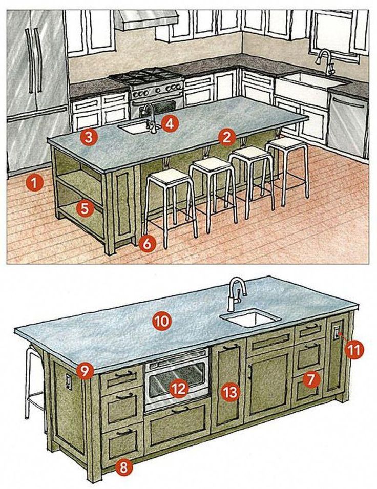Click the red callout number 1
pyautogui.click(x=34, y=183)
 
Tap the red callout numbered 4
pyautogui.click(x=169, y=123)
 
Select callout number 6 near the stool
pyautogui.click(x=148, y=243)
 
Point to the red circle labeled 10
pyautogui.click(x=162, y=321)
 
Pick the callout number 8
pyautogui.click(x=124, y=467)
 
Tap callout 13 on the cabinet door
pyautogui.click(x=231, y=392)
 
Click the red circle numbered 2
pyautogui.click(x=226, y=138)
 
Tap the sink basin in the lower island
pyautogui.click(x=250, y=318)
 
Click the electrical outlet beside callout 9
pyautogui.click(x=69, y=381)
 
